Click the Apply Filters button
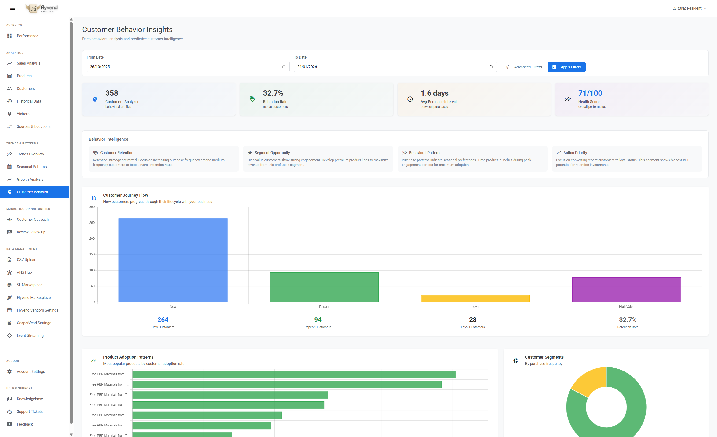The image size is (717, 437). [x=566, y=67]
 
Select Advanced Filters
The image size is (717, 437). [x=524, y=67]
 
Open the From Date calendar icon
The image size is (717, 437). [x=284, y=67]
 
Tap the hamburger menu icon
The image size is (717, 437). [x=12, y=8]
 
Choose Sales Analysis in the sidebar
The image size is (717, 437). [x=29, y=63]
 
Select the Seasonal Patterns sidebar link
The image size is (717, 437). [x=31, y=167]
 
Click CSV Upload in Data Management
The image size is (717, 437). [x=26, y=260]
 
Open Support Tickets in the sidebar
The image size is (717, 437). [x=30, y=411]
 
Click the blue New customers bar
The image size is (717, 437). [x=173, y=260]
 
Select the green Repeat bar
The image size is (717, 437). [x=324, y=287]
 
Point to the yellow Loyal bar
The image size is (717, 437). [x=475, y=298]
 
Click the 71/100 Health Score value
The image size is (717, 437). [x=590, y=93]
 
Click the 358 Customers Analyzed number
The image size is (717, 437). [x=111, y=93]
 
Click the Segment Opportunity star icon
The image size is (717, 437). [x=250, y=153]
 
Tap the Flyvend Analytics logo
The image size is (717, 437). [x=41, y=8]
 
